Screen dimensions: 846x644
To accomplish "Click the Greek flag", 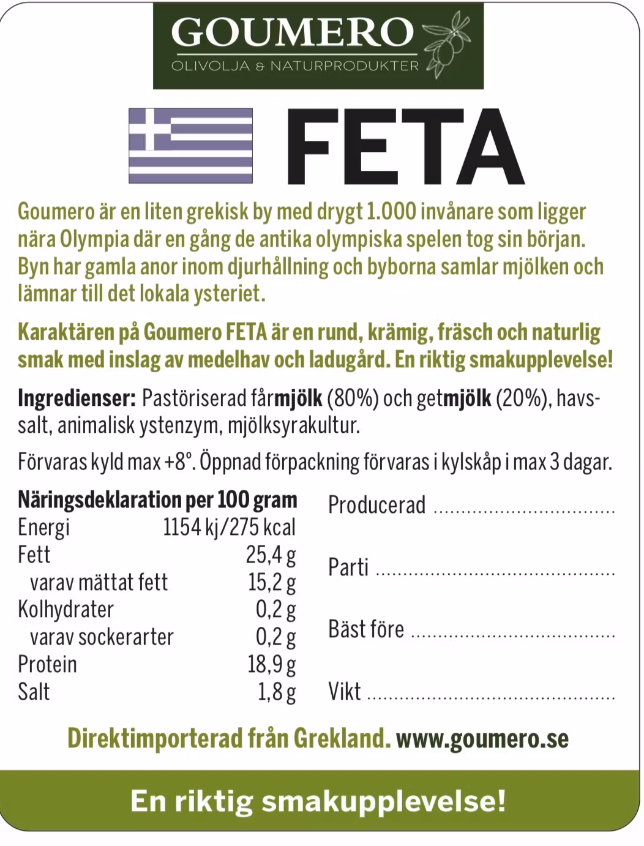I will click(x=190, y=145).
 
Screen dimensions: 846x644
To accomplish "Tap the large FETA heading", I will click(x=404, y=147).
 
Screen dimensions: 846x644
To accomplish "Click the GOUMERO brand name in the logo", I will click(x=293, y=32).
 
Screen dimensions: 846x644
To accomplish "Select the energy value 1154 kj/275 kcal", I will click(x=229, y=527).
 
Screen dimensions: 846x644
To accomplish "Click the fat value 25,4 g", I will click(x=271, y=555).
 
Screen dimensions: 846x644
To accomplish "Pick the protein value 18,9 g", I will click(x=271, y=664).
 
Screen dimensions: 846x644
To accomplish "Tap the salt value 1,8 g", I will click(x=277, y=692).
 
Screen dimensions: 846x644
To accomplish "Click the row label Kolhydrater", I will click(x=66, y=609).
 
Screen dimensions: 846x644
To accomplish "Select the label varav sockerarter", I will click(x=102, y=637).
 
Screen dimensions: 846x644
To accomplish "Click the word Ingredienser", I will click(x=77, y=399).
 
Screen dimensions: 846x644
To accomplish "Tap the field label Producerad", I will click(x=376, y=505).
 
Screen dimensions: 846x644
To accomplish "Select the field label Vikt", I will click(x=345, y=692).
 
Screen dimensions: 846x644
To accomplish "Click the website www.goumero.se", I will click(x=482, y=738).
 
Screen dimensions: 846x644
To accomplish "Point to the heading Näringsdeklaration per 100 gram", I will click(x=157, y=500).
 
